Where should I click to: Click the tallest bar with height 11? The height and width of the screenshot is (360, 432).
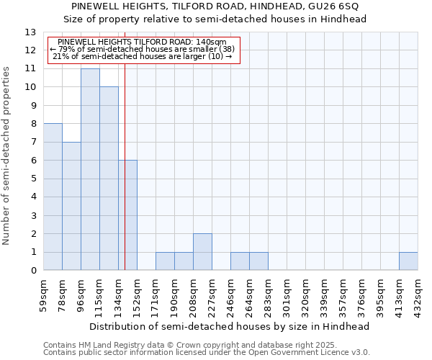tap(90, 169)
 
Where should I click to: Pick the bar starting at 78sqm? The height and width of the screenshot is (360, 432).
tap(71, 206)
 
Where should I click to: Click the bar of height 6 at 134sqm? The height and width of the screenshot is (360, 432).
tap(127, 215)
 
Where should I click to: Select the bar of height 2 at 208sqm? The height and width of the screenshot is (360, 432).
tap(202, 252)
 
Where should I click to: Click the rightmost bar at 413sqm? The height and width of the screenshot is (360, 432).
tap(408, 261)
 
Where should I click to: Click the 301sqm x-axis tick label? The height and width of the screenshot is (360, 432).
tap(287, 296)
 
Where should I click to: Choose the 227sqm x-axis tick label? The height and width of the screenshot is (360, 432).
tap(212, 296)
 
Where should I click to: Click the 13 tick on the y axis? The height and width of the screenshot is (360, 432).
tap(30, 32)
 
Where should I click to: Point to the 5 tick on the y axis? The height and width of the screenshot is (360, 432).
tap(33, 179)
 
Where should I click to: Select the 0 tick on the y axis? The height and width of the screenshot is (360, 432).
tap(33, 271)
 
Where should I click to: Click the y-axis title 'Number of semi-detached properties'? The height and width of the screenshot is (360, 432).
tap(7, 156)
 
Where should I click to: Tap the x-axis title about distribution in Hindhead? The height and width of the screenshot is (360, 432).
tap(230, 326)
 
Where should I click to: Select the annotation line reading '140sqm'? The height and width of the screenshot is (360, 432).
tap(142, 42)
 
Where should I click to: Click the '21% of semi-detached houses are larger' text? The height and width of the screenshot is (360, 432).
tap(143, 56)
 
